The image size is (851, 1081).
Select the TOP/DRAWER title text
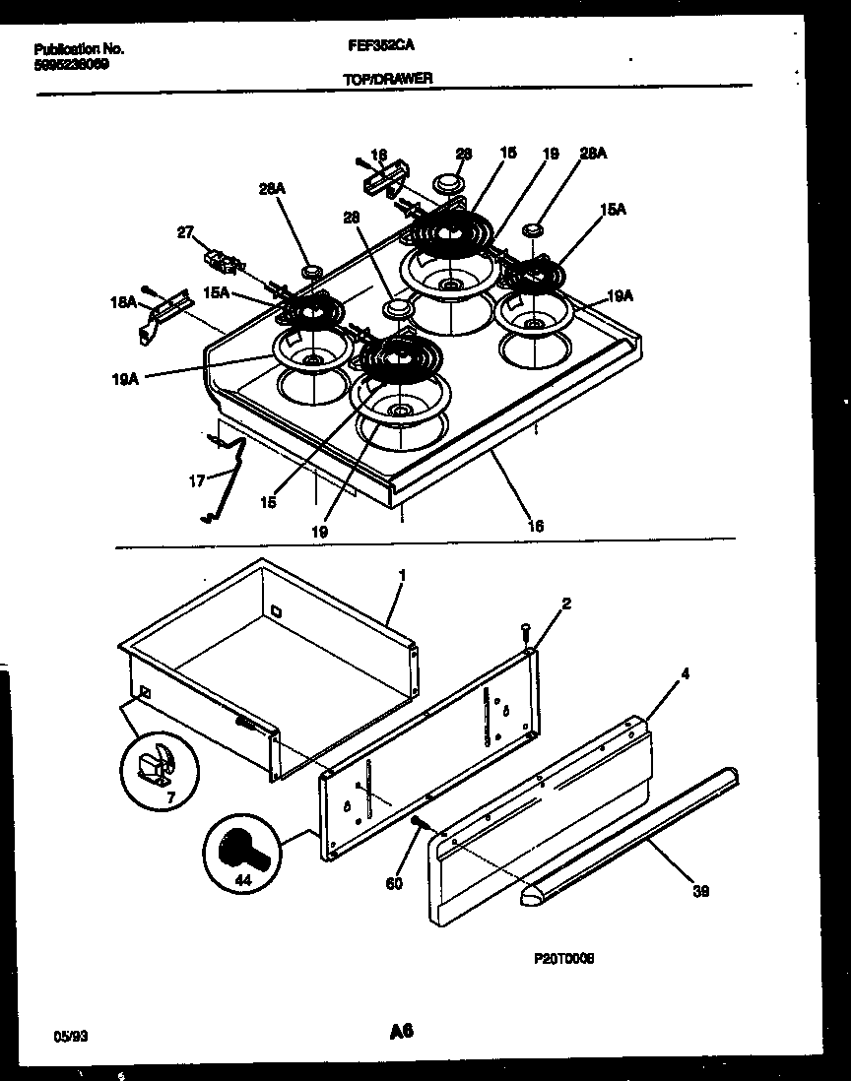[388, 78]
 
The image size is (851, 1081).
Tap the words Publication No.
[79, 47]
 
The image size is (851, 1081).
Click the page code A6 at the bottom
[400, 1032]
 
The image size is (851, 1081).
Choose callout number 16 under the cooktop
[535, 527]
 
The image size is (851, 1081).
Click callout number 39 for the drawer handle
[700, 891]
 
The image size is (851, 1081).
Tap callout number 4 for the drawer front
[686, 675]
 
